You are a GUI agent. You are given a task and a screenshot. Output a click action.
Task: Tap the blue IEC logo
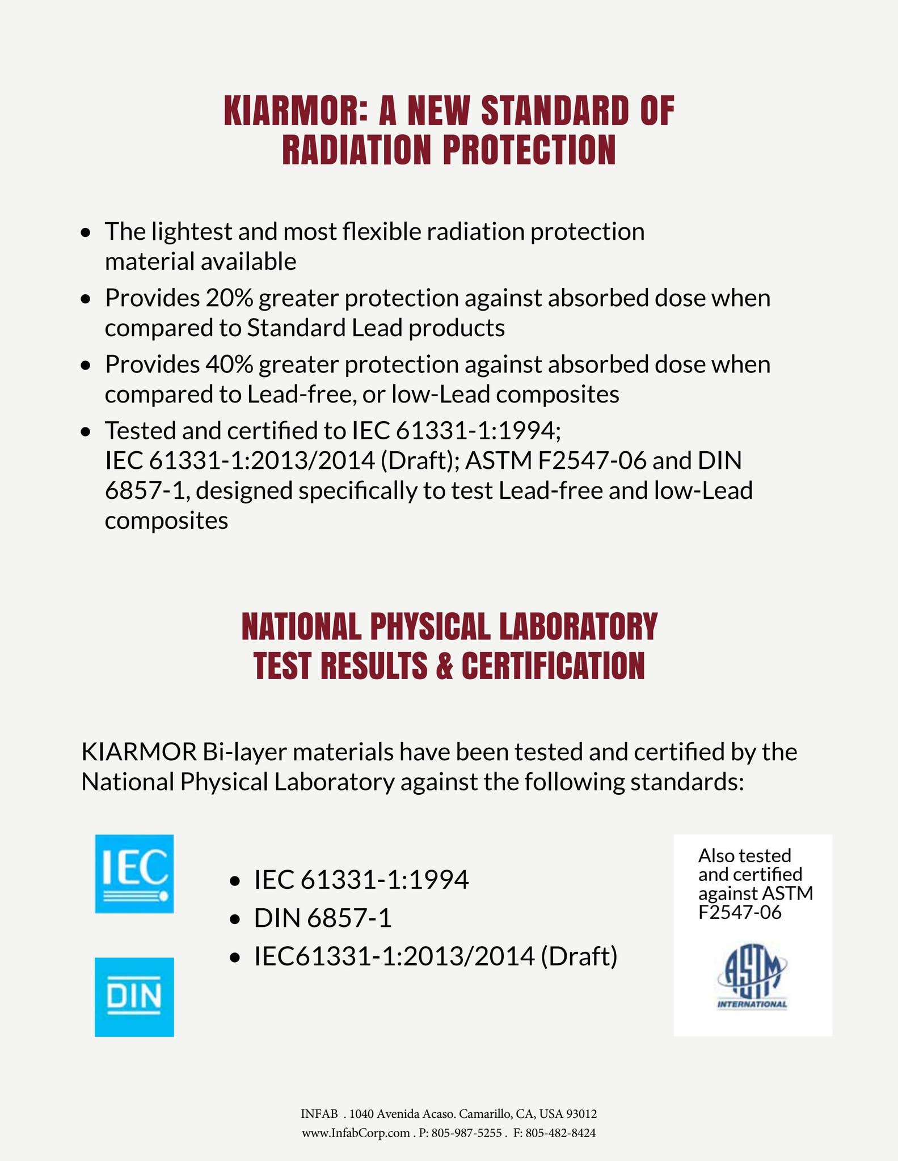pyautogui.click(x=134, y=874)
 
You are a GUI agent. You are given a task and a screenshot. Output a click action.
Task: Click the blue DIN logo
pyautogui.click(x=134, y=997)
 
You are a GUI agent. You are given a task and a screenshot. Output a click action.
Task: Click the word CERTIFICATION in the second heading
pyautogui.click(x=553, y=666)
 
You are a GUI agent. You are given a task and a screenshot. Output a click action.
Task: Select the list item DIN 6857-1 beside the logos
pyautogui.click(x=323, y=918)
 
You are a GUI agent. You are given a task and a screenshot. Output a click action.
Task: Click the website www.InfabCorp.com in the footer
pyautogui.click(x=356, y=1133)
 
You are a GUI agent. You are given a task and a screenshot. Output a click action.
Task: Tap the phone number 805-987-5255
pyautogui.click(x=467, y=1133)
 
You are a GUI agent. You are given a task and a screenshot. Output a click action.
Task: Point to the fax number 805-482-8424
pyautogui.click(x=560, y=1133)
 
